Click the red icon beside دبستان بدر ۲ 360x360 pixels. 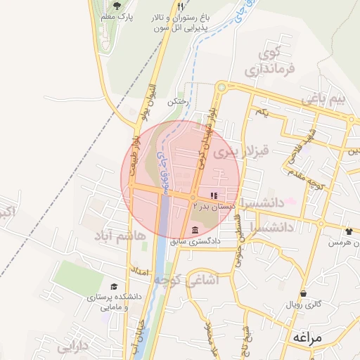pos(214,195)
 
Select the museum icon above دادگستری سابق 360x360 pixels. pos(195,231)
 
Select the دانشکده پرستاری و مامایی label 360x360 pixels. pos(115,302)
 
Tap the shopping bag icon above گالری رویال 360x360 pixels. pos(304,293)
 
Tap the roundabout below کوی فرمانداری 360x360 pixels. pos(221,88)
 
